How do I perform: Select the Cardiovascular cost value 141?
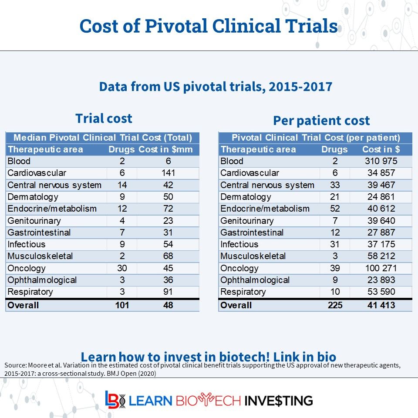tap(168, 173)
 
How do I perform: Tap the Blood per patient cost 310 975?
tap(381, 161)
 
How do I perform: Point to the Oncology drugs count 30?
tap(122, 268)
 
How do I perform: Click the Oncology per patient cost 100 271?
tap(381, 268)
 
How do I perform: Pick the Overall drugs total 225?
tap(335, 305)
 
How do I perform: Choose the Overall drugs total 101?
tap(122, 305)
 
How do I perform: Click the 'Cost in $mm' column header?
tap(169, 149)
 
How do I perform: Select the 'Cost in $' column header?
tap(381, 149)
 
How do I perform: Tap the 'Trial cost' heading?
tap(104, 118)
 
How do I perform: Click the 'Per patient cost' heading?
tap(321, 121)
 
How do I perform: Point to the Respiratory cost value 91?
tap(168, 292)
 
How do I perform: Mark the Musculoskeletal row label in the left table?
tap(40, 256)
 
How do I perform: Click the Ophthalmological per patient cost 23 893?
tap(381, 280)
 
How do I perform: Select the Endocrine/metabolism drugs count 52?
tap(335, 209)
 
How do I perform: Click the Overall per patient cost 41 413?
tap(381, 305)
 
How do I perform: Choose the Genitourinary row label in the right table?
tap(247, 221)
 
